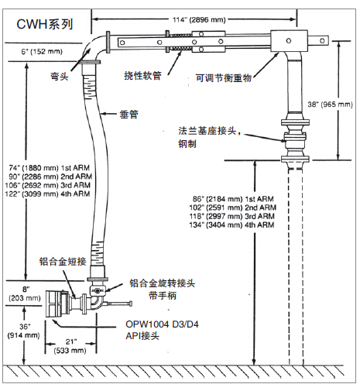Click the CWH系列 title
click(x=45, y=24)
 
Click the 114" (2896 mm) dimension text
click(x=199, y=20)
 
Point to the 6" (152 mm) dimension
click(x=42, y=52)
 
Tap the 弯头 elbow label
click(x=60, y=76)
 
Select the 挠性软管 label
click(x=142, y=76)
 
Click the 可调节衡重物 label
click(x=224, y=77)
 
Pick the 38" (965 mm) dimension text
click(x=330, y=105)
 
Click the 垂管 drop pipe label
click(x=129, y=115)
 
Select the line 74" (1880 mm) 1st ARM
click(x=50, y=168)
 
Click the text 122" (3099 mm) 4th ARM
click(x=48, y=194)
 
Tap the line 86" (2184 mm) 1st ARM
click(x=233, y=199)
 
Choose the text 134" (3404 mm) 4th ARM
click(x=231, y=225)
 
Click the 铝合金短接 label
click(x=63, y=262)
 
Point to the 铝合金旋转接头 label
click(x=162, y=283)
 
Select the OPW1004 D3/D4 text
click(x=162, y=324)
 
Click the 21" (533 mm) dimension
click(x=70, y=346)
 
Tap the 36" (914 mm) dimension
click(x=23, y=331)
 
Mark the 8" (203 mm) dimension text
click(x=25, y=293)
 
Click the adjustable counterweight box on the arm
click(x=289, y=41)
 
